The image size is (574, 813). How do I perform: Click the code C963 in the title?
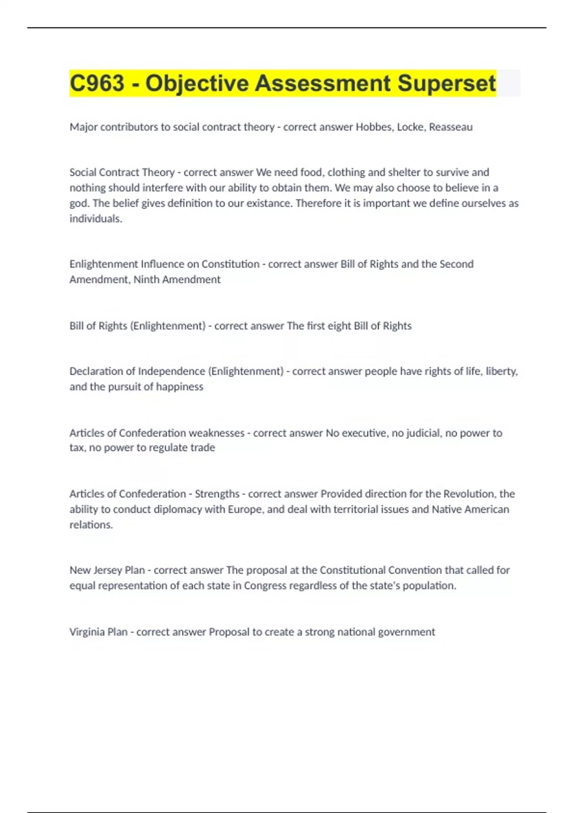point(97,83)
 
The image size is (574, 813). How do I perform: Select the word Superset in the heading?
point(447,83)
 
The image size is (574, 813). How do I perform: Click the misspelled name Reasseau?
point(451,127)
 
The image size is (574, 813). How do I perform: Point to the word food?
point(311,172)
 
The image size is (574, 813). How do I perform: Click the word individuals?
point(95,219)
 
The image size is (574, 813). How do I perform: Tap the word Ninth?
point(146,280)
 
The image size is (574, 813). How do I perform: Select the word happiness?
point(180,387)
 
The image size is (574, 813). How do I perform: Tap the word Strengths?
point(217,494)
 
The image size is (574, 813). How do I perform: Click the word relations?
point(91,525)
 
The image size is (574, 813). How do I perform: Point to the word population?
point(429,586)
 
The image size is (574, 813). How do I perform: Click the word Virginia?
point(87,632)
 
